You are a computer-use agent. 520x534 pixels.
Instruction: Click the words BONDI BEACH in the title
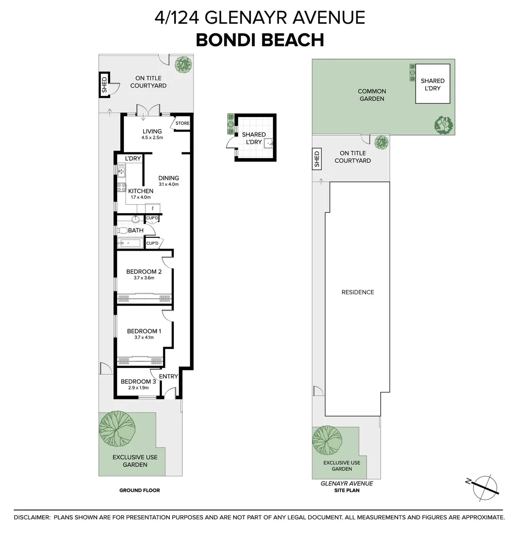pyautogui.click(x=260, y=40)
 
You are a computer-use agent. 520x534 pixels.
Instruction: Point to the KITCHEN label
pyautogui.click(x=141, y=191)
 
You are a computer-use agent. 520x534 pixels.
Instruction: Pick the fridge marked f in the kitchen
pyautogui.click(x=153, y=208)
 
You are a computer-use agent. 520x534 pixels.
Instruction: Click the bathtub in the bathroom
pyautogui.click(x=129, y=243)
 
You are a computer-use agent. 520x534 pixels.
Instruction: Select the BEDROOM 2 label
pyautogui.click(x=144, y=271)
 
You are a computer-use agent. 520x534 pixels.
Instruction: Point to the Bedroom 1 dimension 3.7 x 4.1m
pyautogui.click(x=144, y=338)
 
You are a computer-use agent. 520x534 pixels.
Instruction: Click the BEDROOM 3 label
pyautogui.click(x=138, y=381)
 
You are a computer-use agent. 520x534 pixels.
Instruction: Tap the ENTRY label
pyautogui.click(x=168, y=376)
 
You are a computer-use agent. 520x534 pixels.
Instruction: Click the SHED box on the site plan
pyautogui.click(x=317, y=159)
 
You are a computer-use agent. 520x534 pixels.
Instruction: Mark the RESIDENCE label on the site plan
pyautogui.click(x=358, y=292)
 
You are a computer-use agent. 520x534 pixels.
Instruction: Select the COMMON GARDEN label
pyautogui.click(x=372, y=95)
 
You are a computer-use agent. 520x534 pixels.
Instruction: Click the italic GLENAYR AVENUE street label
pyautogui.click(x=346, y=484)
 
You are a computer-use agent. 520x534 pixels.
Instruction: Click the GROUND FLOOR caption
pyautogui.click(x=140, y=490)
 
